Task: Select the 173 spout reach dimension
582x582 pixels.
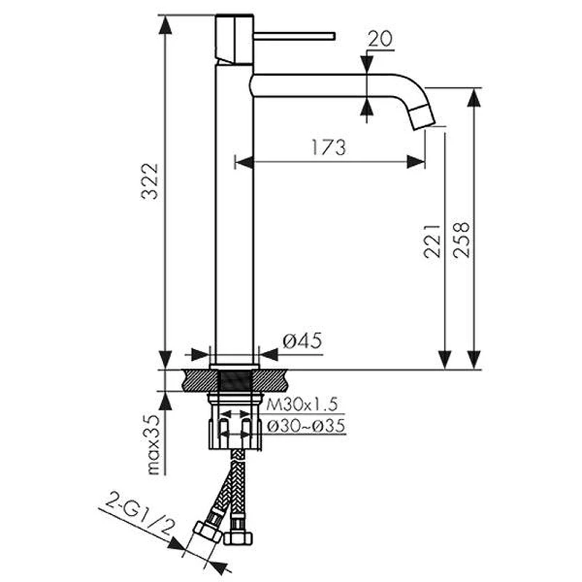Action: [329, 148]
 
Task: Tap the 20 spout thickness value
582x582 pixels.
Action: [380, 39]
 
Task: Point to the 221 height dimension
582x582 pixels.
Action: [432, 241]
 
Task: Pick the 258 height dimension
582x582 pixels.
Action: [461, 240]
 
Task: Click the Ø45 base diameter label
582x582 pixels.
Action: [302, 340]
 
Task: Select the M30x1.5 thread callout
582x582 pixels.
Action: [302, 404]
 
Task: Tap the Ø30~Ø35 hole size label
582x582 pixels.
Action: [306, 426]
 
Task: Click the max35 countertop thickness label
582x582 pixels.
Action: [154, 445]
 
